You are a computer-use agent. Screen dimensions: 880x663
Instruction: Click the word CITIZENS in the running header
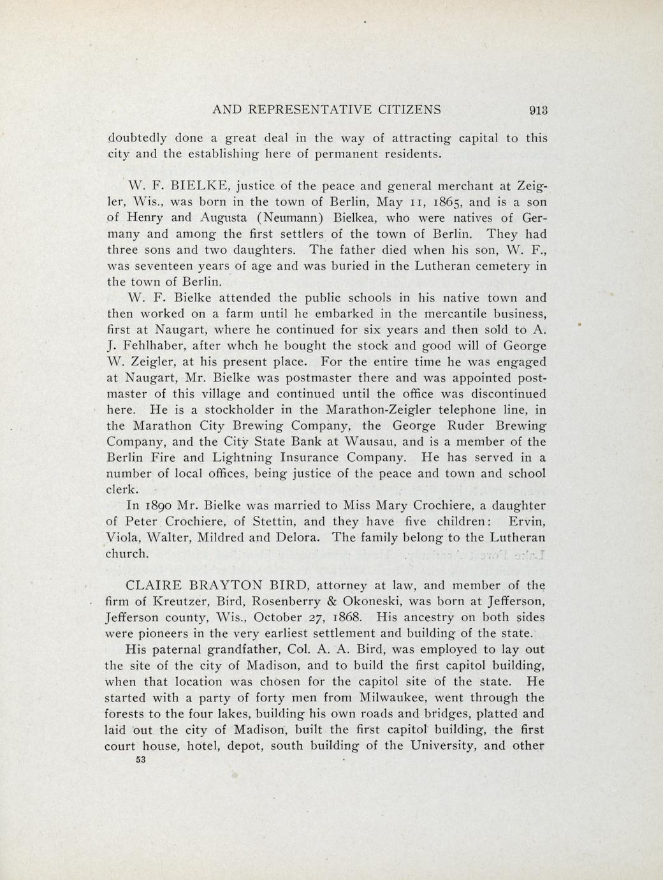click(x=405, y=109)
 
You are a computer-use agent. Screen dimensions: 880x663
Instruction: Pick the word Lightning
click(x=245, y=457)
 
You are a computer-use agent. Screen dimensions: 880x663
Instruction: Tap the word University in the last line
click(x=442, y=746)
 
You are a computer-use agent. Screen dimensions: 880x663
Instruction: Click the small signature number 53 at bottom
click(x=141, y=760)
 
